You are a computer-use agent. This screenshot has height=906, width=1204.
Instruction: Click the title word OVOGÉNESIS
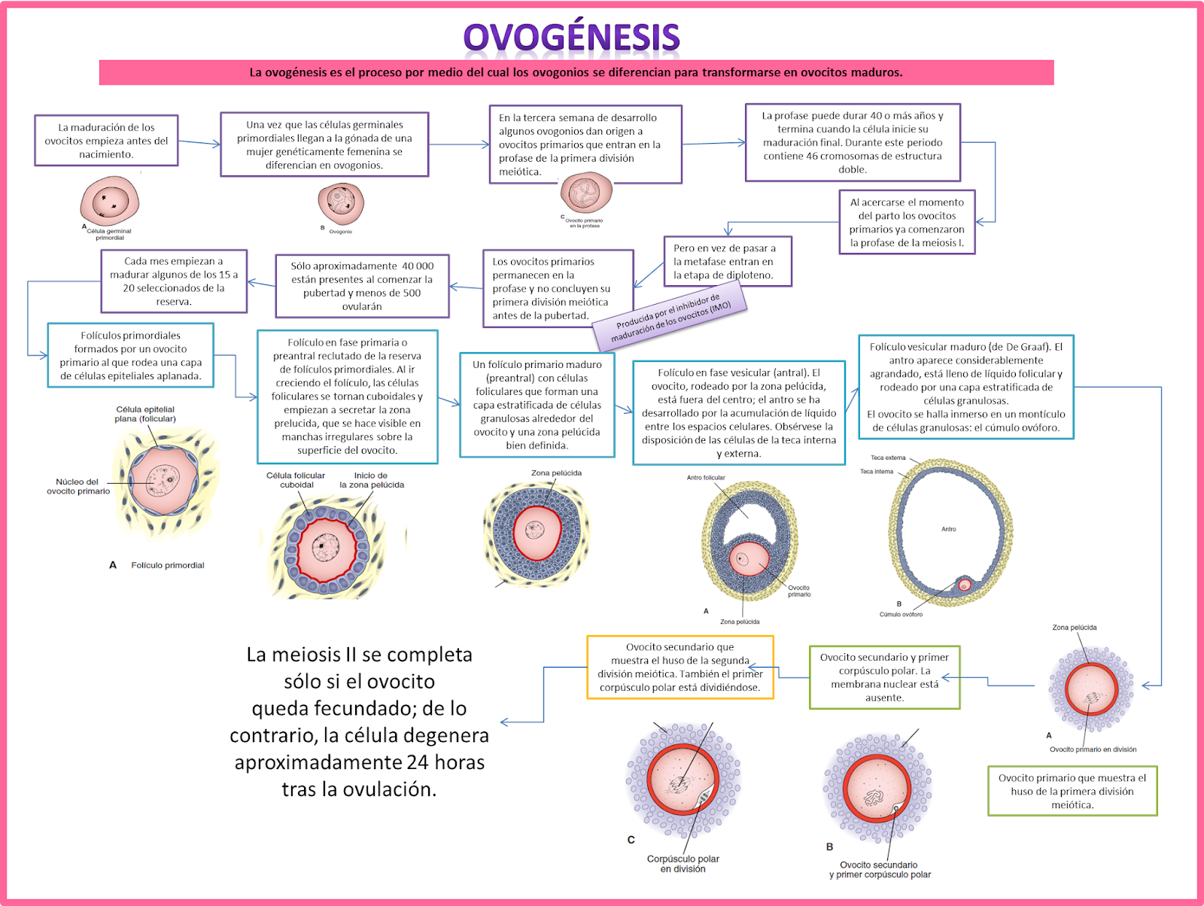571,38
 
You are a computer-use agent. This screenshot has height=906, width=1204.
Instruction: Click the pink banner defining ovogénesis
576,73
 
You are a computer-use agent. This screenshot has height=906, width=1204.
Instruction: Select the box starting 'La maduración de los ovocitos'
106,141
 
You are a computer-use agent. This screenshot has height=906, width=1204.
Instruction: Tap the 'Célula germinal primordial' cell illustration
110,201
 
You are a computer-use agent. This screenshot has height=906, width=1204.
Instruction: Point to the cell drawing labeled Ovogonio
341,204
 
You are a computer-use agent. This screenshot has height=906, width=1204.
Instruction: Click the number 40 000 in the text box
418,266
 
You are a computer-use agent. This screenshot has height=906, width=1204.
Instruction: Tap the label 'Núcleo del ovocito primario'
78,487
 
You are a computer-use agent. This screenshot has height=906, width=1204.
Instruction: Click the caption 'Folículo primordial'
167,565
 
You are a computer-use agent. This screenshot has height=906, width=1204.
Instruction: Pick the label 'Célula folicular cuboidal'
296,480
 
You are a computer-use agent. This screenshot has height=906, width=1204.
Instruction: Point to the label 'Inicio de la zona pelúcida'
371,480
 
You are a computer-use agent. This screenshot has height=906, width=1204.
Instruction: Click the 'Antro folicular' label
706,478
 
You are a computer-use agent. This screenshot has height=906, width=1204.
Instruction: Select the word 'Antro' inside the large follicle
949,529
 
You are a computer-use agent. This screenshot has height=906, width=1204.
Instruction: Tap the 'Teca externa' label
888,458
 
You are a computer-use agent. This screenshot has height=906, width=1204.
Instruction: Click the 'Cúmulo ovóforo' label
901,614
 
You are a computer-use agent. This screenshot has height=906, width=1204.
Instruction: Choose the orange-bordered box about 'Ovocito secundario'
680,667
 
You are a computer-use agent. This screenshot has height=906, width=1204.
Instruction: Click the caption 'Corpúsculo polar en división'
683,864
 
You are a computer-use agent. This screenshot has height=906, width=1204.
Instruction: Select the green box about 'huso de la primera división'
1072,792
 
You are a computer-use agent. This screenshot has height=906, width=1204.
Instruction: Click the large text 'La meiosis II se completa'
359,655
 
